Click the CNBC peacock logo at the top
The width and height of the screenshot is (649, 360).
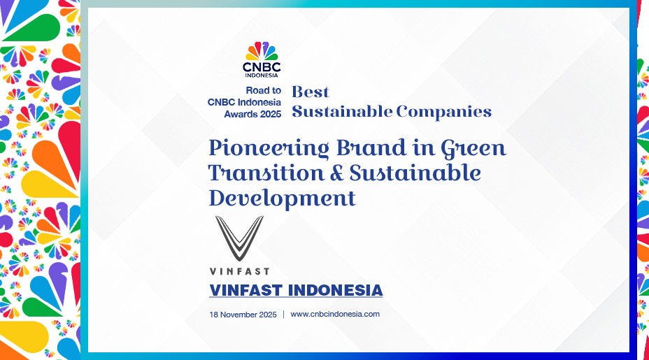tap(262, 51)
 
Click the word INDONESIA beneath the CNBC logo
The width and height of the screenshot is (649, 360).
tap(262, 75)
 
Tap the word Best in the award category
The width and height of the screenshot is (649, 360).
tap(311, 92)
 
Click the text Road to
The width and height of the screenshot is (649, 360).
tap(263, 90)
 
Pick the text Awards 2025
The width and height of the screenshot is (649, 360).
tap(252, 114)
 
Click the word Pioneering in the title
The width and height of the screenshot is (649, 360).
tap(269, 148)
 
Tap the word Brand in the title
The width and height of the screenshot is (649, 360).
tap(371, 147)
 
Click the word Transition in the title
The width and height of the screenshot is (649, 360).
tap(266, 173)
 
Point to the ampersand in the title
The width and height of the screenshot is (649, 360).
tap(337, 173)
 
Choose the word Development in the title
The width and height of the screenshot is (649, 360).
tap(283, 198)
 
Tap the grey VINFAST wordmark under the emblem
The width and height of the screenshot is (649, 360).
tap(239, 271)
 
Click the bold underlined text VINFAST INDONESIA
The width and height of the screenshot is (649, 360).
tap(296, 290)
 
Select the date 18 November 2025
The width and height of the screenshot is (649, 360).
tap(243, 315)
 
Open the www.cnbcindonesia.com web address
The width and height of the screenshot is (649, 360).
tap(335, 314)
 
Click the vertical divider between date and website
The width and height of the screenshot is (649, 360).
tap(283, 315)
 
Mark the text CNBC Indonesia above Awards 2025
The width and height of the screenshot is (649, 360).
tap(244, 102)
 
